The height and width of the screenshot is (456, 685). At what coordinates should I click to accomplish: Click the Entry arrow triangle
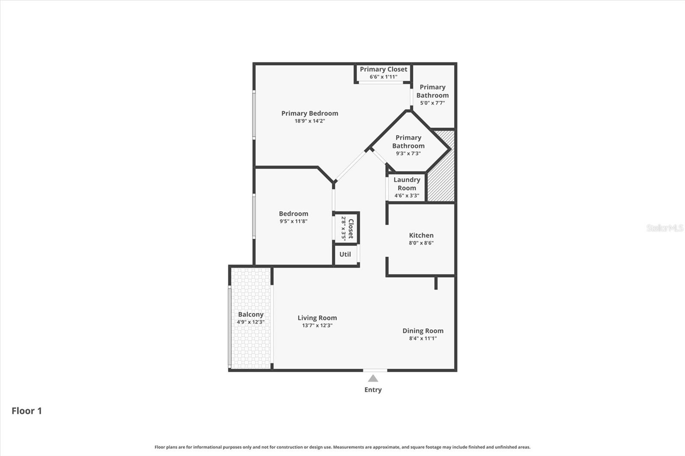373,379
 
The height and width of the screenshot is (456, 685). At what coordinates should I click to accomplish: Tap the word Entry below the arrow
373,390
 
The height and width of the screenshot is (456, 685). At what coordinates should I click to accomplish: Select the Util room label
345,254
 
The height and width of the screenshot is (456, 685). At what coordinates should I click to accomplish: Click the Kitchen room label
421,235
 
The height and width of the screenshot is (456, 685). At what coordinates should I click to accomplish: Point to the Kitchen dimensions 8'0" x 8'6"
421,243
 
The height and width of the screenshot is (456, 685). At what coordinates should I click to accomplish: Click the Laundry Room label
407,184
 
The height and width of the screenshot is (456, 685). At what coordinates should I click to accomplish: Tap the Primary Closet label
384,69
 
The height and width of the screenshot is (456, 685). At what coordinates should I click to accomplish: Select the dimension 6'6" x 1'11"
384,77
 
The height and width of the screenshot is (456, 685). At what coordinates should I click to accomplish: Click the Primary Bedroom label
310,113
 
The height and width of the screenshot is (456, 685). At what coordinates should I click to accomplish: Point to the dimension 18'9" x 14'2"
310,121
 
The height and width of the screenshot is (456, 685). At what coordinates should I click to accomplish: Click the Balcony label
251,314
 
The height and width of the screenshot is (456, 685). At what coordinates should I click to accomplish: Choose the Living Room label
317,318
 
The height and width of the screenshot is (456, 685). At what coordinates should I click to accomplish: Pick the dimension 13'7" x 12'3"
317,326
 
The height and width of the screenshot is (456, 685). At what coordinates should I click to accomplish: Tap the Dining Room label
423,331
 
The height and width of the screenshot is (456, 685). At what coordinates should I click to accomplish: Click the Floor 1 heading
27,411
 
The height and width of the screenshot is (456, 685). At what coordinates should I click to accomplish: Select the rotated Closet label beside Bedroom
351,228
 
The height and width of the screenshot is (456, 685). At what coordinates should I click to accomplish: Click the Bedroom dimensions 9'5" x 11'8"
294,222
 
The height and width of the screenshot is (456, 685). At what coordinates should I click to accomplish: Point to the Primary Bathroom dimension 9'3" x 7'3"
408,154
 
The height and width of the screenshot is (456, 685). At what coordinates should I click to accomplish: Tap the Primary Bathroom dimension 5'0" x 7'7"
432,103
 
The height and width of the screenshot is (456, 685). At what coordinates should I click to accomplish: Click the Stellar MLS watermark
665,228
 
